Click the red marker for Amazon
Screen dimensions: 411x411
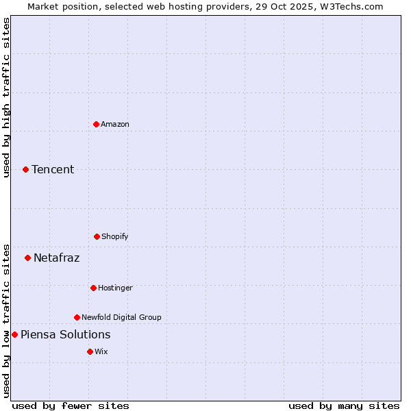[x=96, y=124]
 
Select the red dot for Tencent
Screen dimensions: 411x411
[x=25, y=169]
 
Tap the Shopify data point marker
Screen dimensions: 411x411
[x=97, y=236]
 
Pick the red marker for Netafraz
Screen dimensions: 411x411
[x=27, y=258]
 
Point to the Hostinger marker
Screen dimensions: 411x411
[x=93, y=288]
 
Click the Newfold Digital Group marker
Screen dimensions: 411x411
[x=77, y=317]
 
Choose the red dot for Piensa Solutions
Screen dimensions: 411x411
[x=14, y=334]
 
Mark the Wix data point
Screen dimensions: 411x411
[x=90, y=351]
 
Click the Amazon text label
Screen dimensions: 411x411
[x=115, y=124]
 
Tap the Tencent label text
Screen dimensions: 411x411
[x=53, y=169]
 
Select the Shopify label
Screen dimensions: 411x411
[x=115, y=236]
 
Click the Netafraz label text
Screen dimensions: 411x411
[x=57, y=258]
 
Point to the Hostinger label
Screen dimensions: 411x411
[x=115, y=288]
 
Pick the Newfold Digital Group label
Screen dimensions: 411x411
[x=121, y=317]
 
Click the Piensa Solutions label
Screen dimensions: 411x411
[x=66, y=334]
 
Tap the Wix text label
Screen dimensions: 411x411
[x=101, y=351]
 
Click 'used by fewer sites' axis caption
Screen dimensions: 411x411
[x=71, y=406]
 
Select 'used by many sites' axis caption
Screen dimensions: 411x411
[x=344, y=406]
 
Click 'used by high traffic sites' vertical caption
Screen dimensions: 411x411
[x=6, y=97]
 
